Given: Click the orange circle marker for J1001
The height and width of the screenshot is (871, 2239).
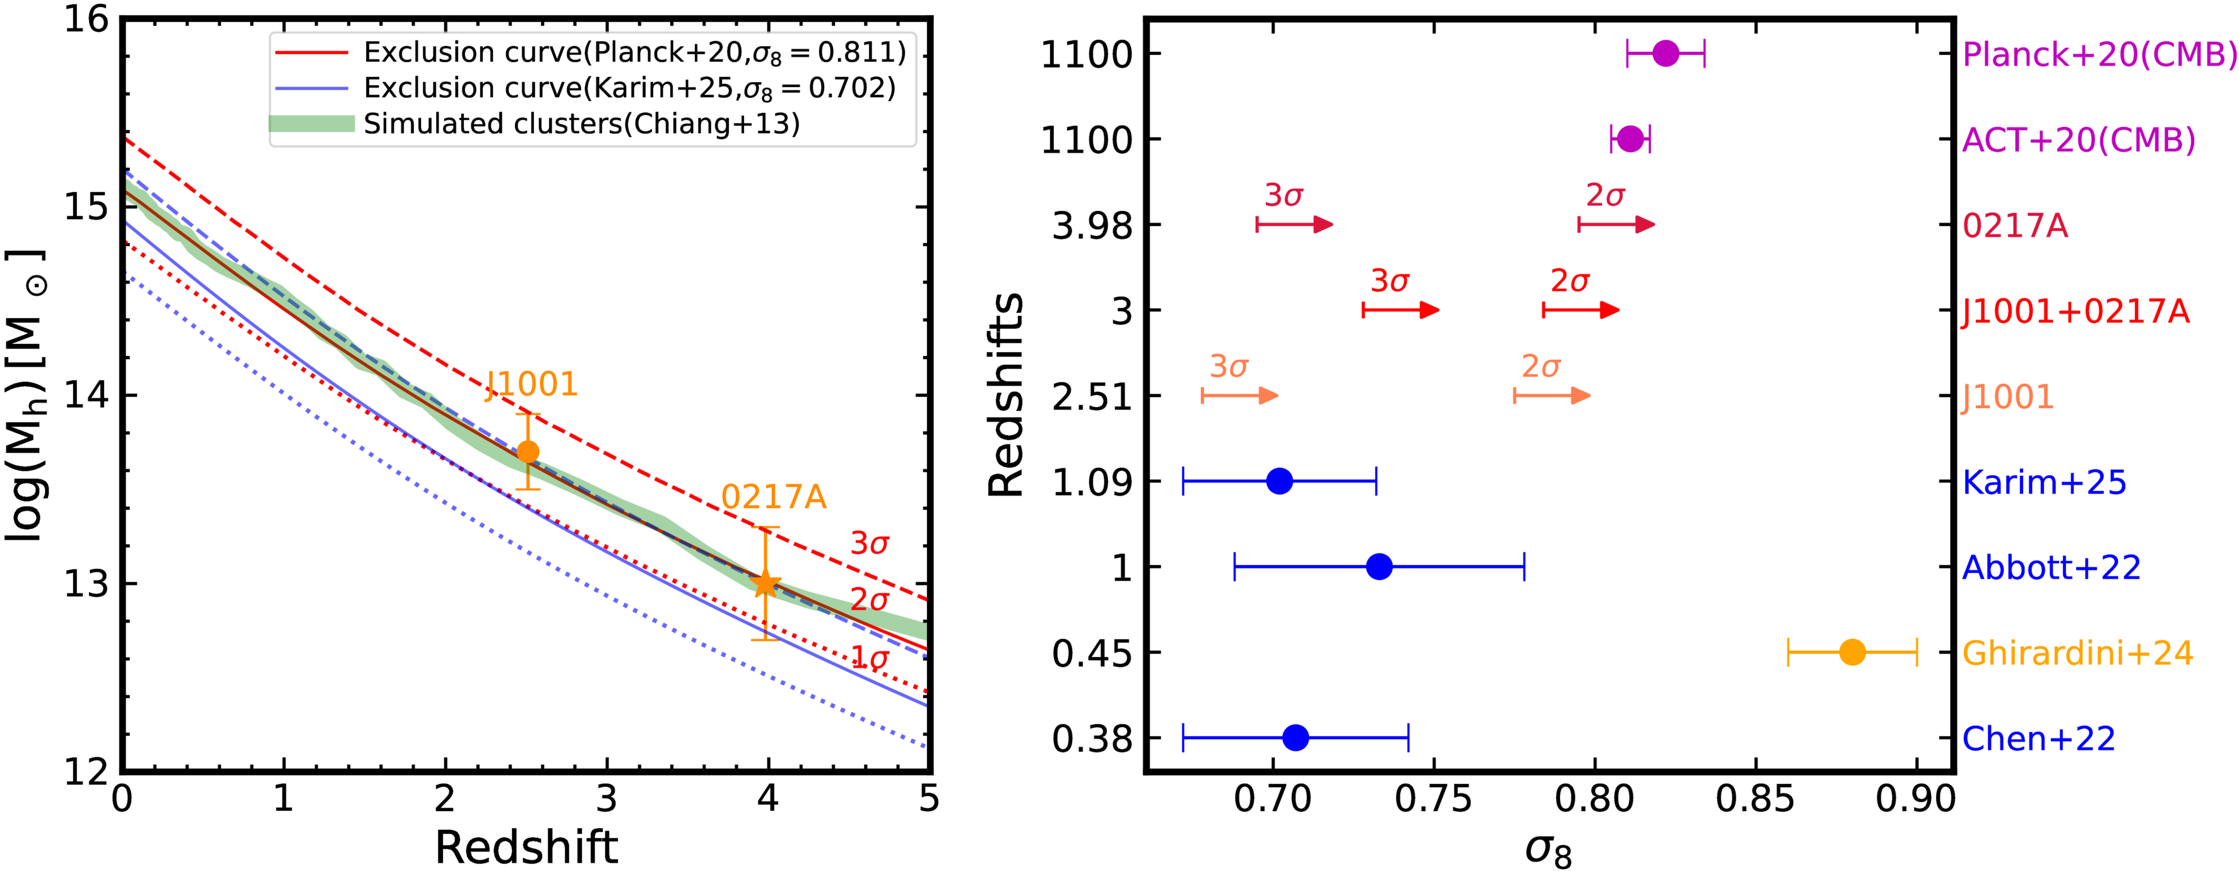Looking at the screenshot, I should (x=528, y=452).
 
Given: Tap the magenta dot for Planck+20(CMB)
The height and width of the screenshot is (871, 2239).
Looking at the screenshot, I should (x=1665, y=53).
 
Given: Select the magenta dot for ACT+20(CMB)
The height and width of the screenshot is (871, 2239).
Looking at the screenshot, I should (x=1631, y=139).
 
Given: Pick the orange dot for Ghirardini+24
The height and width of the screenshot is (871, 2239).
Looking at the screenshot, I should (x=1852, y=652).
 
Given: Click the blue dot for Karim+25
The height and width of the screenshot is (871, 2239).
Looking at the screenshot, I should (x=1279, y=481).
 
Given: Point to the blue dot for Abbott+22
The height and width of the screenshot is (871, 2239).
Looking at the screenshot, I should (x=1379, y=567).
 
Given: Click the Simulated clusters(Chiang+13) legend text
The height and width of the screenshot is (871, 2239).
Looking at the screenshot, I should (x=581, y=124).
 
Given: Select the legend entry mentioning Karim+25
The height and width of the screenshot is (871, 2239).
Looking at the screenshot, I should (x=629, y=88).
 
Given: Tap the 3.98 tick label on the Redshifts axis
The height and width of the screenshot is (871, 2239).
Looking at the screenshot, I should (x=1092, y=226).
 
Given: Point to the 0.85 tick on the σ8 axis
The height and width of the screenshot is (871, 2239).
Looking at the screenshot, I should (x=1755, y=800).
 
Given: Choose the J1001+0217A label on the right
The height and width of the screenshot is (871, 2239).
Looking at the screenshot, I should (x=2076, y=311).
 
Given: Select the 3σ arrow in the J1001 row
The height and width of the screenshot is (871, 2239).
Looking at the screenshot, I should (x=1239, y=396).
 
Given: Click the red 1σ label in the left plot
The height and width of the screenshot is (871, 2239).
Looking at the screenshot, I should (x=869, y=658).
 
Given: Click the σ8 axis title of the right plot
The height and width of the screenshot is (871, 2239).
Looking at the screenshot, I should (x=1548, y=850).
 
